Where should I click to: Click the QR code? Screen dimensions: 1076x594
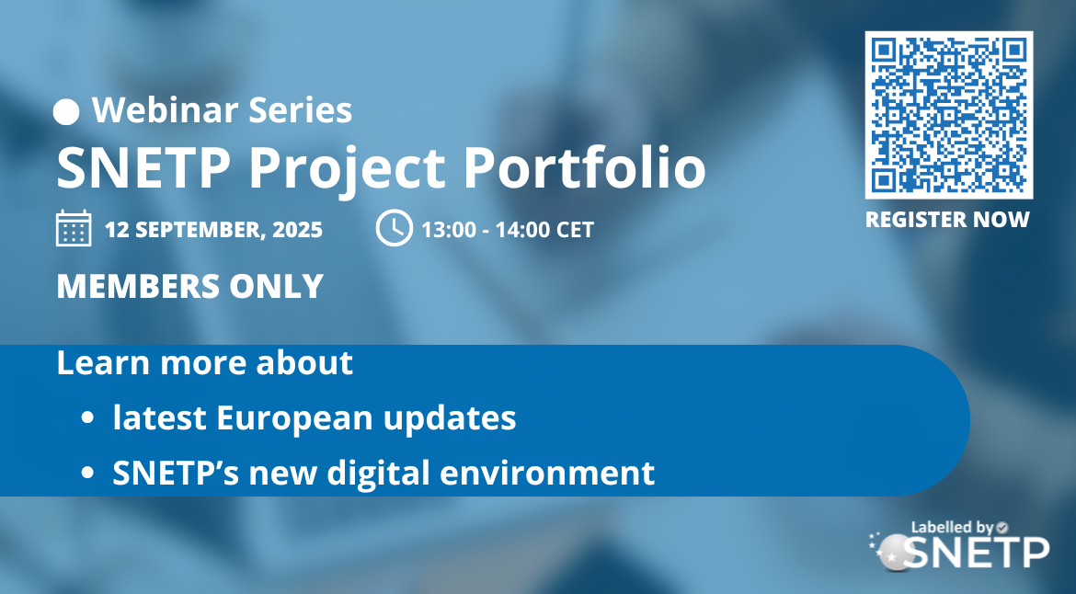(949, 115)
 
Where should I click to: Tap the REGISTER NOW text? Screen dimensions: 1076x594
(947, 220)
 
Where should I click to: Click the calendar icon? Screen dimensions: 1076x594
(74, 228)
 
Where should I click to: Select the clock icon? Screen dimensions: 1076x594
(395, 228)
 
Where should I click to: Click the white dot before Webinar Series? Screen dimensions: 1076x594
(66, 112)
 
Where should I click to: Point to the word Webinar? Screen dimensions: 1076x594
(166, 109)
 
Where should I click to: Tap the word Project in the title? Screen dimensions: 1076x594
(347, 170)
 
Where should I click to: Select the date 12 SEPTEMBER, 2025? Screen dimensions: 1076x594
(213, 229)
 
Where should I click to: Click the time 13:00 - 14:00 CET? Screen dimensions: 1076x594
(508, 229)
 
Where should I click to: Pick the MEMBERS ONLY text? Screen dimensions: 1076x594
(190, 286)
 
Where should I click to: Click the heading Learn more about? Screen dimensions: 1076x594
(204, 362)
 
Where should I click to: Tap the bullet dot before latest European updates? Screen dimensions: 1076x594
(87, 417)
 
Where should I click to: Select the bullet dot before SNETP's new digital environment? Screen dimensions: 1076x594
(87, 473)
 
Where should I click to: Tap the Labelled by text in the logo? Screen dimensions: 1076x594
(953, 528)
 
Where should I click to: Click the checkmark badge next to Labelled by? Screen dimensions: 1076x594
(1002, 527)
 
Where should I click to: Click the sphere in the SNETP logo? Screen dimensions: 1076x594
(895, 551)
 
